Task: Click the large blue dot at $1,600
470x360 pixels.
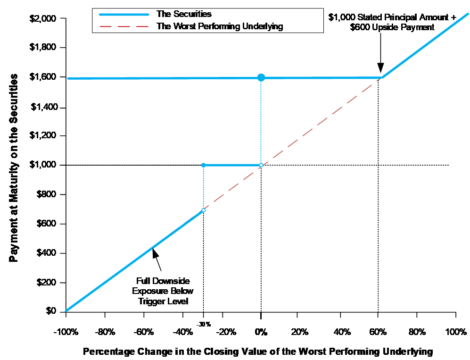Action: (x=261, y=77)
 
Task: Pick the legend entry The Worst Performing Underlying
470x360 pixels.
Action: (x=219, y=26)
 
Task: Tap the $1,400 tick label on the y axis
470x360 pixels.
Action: (x=43, y=107)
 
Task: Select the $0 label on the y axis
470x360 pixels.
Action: (x=50, y=311)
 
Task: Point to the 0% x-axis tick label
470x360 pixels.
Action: (x=261, y=331)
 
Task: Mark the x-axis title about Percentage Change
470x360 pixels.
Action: (x=257, y=352)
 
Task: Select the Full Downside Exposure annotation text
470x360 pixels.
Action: (x=163, y=291)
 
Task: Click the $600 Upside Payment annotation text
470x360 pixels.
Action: (x=392, y=22)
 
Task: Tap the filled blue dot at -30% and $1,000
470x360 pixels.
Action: (x=203, y=165)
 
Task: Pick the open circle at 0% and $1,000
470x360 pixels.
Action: (x=261, y=165)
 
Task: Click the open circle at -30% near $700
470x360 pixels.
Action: (x=204, y=210)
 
